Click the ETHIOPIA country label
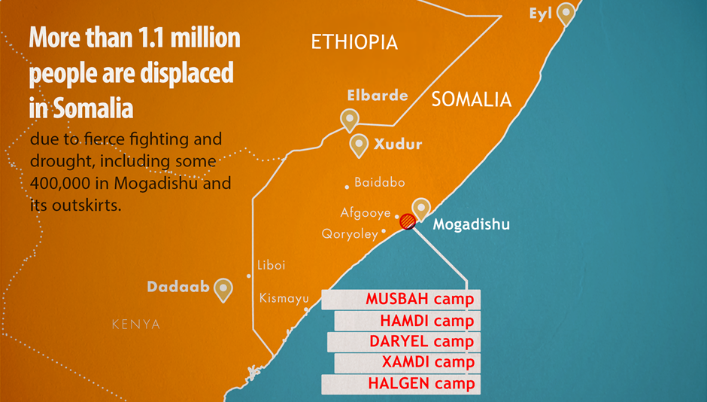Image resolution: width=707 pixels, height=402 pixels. click(x=354, y=43)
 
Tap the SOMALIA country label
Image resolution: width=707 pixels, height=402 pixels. click(x=471, y=99)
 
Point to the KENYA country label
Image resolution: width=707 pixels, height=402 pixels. click(x=135, y=324)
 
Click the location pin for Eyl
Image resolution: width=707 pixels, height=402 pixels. click(x=565, y=12)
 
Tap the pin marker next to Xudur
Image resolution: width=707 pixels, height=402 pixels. click(x=360, y=144)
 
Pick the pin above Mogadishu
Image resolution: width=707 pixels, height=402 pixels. click(x=421, y=208)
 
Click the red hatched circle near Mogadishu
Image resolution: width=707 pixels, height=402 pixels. click(x=407, y=221)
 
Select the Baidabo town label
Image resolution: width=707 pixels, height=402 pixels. click(x=379, y=182)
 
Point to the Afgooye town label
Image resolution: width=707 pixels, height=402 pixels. click(x=365, y=213)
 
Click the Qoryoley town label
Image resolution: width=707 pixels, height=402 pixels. click(x=350, y=234)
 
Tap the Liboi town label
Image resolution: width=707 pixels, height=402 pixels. click(x=271, y=265)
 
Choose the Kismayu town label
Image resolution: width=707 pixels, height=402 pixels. click(x=284, y=298)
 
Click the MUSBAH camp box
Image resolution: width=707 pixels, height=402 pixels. click(x=401, y=300)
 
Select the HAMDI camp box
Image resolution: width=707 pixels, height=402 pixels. click(x=407, y=321)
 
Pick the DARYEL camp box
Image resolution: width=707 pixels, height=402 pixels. click(x=404, y=342)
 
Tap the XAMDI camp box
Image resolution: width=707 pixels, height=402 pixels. click(x=407, y=363)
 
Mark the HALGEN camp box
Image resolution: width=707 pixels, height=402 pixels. click(x=401, y=384)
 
